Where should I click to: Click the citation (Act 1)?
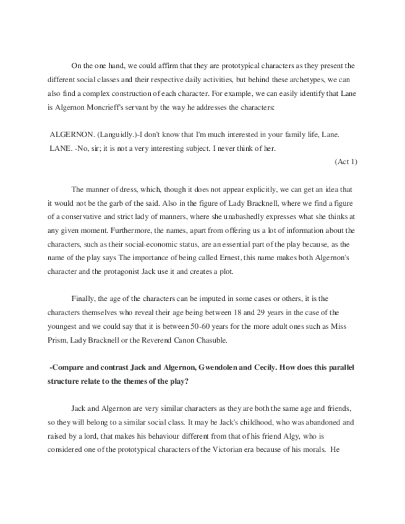(x=346, y=161)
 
